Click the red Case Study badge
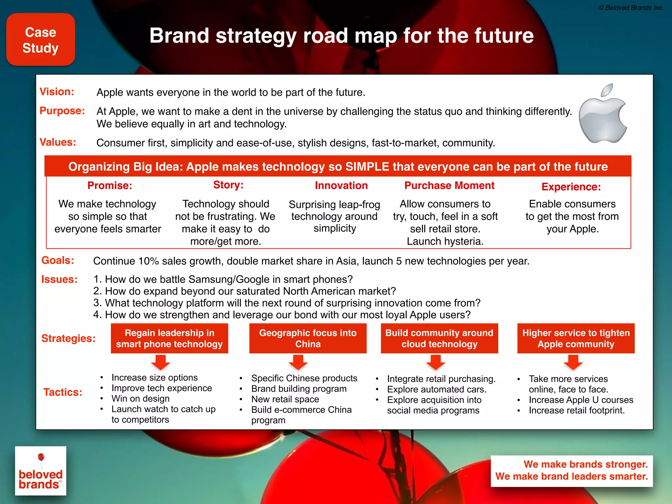tap(41, 40)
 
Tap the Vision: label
tap(57, 92)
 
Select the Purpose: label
tap(62, 111)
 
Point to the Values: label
tap(58, 142)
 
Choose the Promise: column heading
tap(110, 185)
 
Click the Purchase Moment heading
tap(449, 185)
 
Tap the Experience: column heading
tap(571, 187)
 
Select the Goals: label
tap(58, 260)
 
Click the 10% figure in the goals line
tap(149, 261)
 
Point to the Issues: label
tap(59, 279)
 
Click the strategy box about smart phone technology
tap(169, 338)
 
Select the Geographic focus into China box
tap(308, 338)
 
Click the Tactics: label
tap(63, 392)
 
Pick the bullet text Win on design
tap(140, 399)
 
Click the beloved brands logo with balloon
tap(41, 471)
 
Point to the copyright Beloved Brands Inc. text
tap(631, 8)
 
